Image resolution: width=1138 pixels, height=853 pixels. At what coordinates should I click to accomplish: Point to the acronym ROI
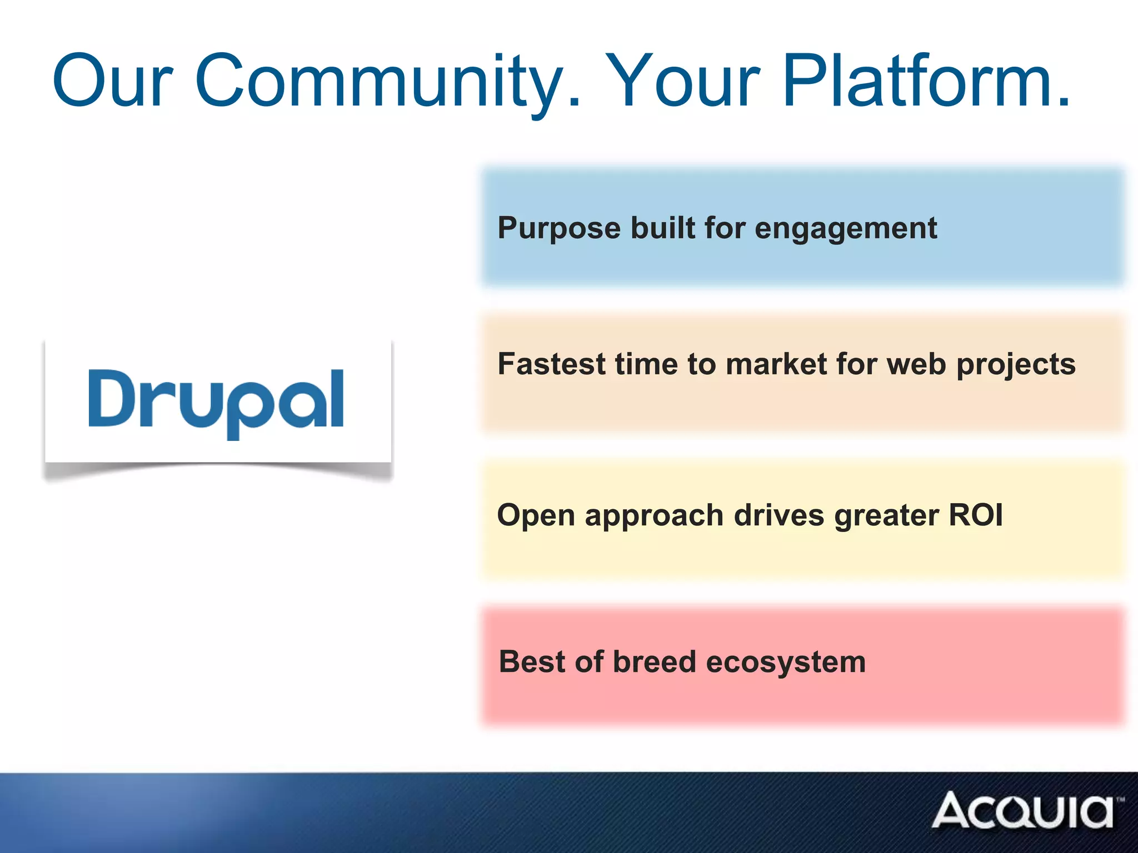tap(976, 515)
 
